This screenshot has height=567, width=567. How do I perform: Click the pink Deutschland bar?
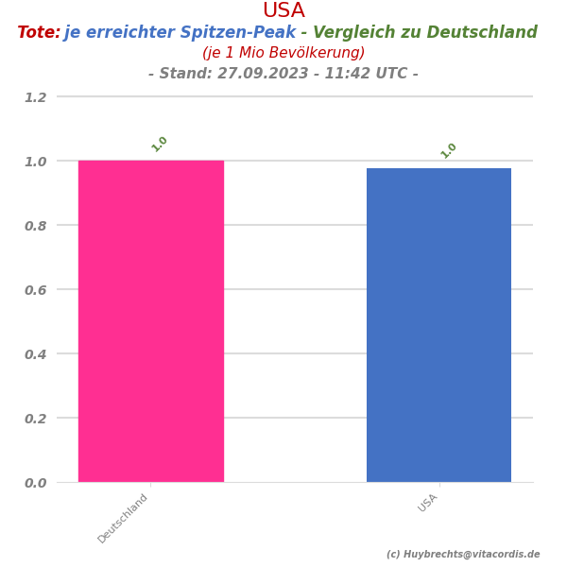pos(151,321)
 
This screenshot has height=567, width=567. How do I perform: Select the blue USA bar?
pos(438,325)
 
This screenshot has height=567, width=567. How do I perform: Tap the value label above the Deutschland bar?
pos(160,144)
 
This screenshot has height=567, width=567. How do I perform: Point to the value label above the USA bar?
pos(449,150)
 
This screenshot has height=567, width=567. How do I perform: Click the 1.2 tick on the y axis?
pos(35,97)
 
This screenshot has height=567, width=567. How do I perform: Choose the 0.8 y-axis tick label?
pos(35,226)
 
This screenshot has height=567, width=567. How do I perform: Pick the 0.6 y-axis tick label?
pos(35,290)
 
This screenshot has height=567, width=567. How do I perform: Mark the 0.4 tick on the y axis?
pos(35,354)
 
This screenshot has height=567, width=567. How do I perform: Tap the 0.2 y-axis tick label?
pos(35,419)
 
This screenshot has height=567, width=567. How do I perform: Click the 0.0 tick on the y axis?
pos(35,483)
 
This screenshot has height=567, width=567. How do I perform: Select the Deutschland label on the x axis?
pos(124,518)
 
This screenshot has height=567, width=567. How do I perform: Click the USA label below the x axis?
pos(428,503)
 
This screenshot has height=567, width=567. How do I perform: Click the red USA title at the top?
pos(283,11)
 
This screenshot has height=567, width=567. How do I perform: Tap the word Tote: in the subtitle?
pos(39,33)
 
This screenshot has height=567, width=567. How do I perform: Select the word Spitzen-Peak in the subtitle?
pos(248,33)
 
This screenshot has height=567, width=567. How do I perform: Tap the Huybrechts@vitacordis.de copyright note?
pos(463,555)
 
